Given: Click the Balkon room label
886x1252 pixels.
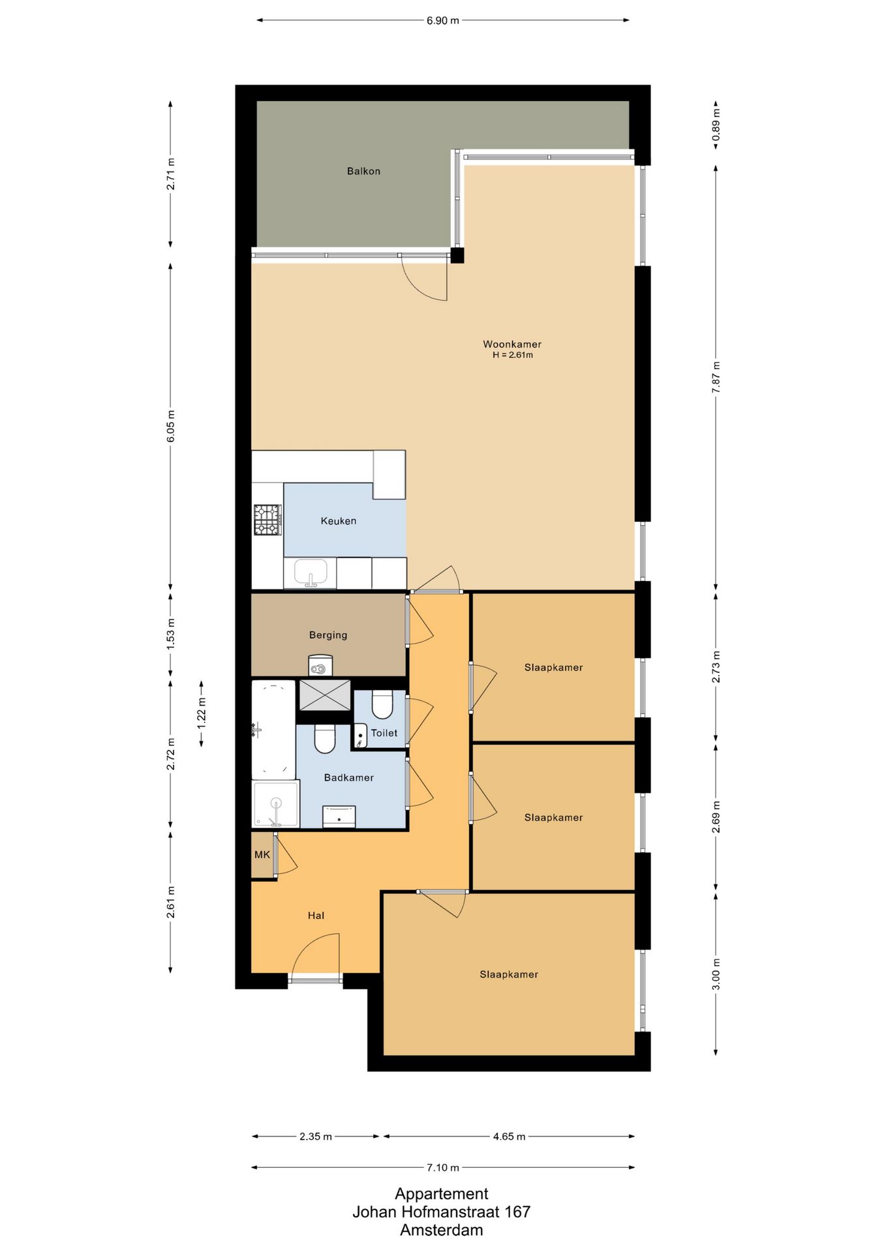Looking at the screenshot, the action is click(x=363, y=171).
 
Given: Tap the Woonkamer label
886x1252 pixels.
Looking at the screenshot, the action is click(x=512, y=344).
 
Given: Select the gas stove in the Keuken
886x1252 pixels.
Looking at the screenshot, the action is click(x=267, y=520).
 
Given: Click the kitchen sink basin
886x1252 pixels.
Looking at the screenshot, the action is click(x=311, y=573).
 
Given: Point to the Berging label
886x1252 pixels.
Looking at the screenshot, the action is click(x=328, y=635).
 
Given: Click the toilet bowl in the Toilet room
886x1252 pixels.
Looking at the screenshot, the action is click(x=382, y=705).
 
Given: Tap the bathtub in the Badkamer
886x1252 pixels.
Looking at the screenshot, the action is click(x=273, y=730).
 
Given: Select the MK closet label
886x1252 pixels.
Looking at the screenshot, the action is click(x=262, y=855).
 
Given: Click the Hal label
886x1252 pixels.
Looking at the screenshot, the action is click(x=316, y=916).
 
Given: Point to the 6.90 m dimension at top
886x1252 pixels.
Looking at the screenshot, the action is click(x=443, y=21).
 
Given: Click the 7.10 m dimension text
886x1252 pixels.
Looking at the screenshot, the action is click(x=443, y=1167).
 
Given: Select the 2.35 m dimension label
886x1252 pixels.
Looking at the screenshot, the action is click(x=316, y=1137).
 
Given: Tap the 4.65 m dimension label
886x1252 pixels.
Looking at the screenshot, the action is click(x=509, y=1137).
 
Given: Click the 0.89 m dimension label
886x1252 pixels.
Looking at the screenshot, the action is click(x=716, y=125).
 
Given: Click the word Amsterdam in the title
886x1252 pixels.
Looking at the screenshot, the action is click(x=442, y=1230).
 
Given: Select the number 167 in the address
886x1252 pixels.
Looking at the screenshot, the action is click(x=517, y=1212).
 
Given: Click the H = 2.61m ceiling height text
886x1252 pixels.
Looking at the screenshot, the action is click(x=513, y=355).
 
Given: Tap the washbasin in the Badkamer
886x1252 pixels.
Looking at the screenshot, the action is click(x=339, y=816).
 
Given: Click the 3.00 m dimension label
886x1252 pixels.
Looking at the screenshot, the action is click(x=716, y=974).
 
